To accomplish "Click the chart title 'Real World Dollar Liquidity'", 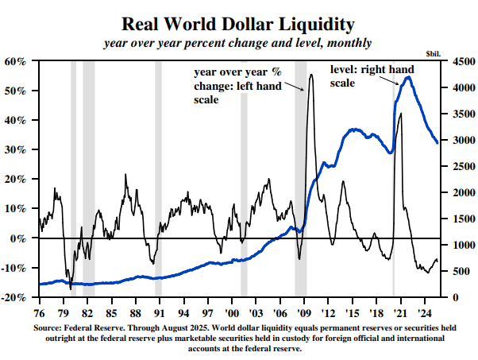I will [x=238, y=24].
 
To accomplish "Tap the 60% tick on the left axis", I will [x=16, y=61].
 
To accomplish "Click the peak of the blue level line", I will [x=407, y=77].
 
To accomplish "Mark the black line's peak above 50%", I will [x=310, y=75].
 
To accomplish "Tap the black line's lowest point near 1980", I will [x=70, y=288].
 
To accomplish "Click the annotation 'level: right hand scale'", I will [x=361, y=76].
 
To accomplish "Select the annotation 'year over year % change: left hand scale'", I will [x=237, y=86].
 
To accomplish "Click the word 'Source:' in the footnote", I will [x=48, y=327].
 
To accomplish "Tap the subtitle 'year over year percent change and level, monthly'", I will [x=238, y=42].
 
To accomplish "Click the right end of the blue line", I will [x=438, y=143].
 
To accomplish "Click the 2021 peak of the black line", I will [x=400, y=114].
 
